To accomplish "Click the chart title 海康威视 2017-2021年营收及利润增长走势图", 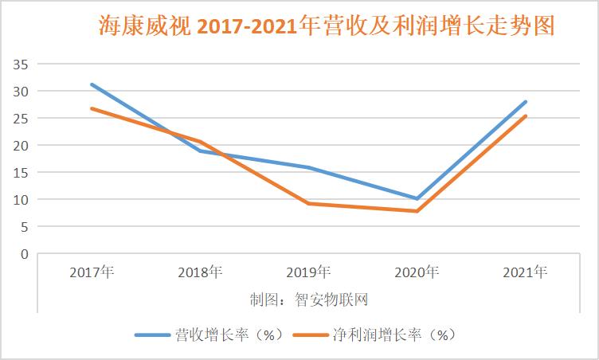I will coord(327,26).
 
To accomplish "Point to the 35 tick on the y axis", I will coord(21,64).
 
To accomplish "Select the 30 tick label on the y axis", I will coord(21,91).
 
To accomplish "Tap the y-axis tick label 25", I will coord(21,118).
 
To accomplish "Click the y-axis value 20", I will coord(21,145).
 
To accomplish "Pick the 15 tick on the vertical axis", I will coord(21,172).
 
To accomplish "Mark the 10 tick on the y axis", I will coord(21,199).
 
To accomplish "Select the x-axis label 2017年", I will coord(92,272).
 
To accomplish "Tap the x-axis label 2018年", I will coord(200,272).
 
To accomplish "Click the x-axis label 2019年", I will coord(308,272).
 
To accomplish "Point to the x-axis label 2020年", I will coord(417,272).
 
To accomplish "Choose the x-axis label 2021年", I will coord(525,272).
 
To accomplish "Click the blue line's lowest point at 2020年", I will coord(417,198).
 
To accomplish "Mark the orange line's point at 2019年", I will coord(308,204).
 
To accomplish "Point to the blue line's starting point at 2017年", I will coord(92,84).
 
